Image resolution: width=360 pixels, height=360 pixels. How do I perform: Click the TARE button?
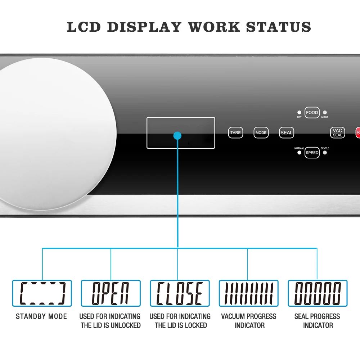[x=235, y=132]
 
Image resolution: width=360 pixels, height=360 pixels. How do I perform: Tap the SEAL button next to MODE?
[x=287, y=132]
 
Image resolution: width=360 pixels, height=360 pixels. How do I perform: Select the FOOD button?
[x=312, y=113]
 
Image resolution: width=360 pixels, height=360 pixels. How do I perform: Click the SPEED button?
[x=312, y=153]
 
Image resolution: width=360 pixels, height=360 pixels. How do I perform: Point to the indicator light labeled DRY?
[x=299, y=113]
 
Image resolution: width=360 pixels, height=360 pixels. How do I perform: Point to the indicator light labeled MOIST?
[x=325, y=113]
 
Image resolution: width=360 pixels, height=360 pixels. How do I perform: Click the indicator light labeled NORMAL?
[x=299, y=153]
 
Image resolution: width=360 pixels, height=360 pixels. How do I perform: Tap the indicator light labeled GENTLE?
[x=325, y=153]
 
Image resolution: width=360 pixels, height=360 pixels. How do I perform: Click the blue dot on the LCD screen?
[x=177, y=136]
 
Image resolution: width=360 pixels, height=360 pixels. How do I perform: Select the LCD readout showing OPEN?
[x=111, y=293]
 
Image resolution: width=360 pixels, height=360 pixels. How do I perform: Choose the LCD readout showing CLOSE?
[x=180, y=293]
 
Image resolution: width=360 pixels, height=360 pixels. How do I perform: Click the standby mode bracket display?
[x=42, y=293]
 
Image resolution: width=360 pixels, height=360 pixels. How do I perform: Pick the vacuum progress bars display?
[x=249, y=293]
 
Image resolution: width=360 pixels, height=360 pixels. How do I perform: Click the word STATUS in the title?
[x=279, y=27]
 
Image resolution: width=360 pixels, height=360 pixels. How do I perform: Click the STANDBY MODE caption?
[x=41, y=316]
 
